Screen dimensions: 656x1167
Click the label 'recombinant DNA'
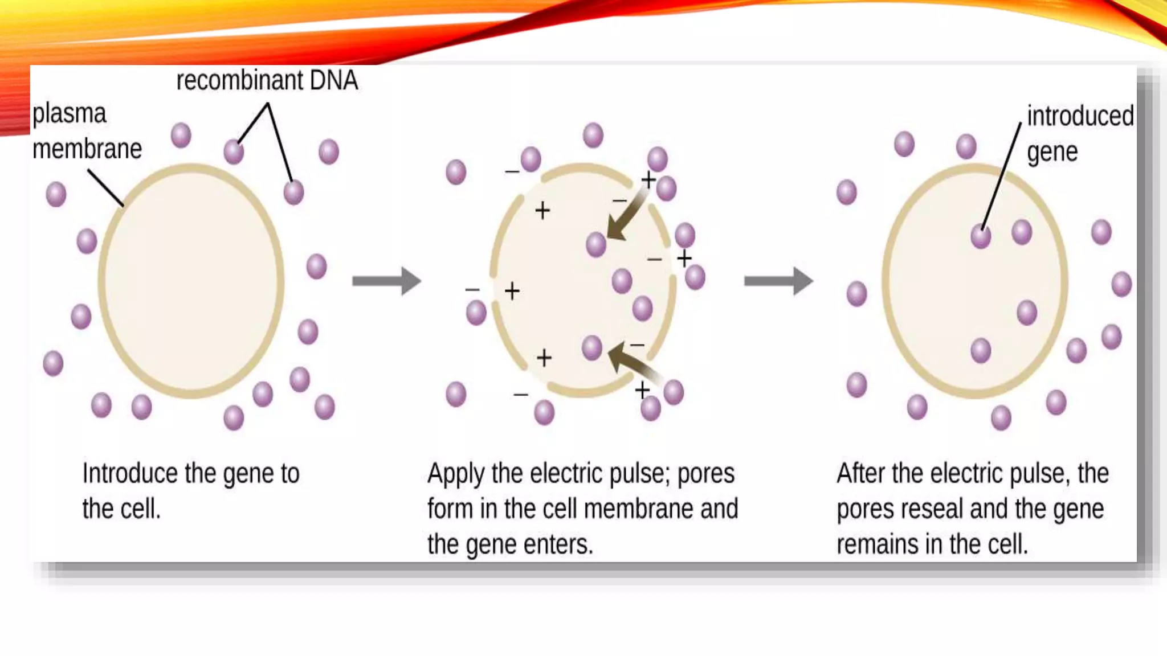(x=267, y=80)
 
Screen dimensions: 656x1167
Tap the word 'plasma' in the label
(x=69, y=114)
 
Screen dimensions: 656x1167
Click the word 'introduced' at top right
(x=1080, y=116)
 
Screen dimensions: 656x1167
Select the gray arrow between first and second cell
(x=386, y=281)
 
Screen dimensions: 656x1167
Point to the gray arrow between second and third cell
(x=778, y=281)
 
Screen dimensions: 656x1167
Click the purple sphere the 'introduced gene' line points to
(x=981, y=236)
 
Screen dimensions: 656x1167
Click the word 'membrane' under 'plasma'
(x=87, y=149)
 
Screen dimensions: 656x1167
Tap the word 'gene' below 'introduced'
(x=1052, y=153)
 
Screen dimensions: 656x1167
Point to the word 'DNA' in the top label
(x=334, y=80)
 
